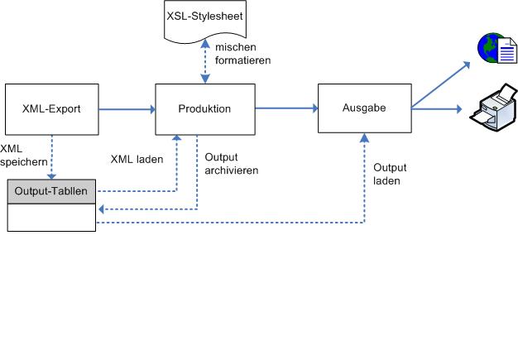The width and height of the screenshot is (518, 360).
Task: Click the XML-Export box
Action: (52, 108)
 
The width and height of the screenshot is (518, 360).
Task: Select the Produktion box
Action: (204, 108)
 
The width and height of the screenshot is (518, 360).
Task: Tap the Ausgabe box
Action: (364, 108)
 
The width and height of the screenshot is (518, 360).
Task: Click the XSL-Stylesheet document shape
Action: (204, 19)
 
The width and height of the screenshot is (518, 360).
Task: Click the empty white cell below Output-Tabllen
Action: (51, 217)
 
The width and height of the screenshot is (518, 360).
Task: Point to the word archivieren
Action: (232, 170)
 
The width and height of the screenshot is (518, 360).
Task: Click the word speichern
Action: (24, 162)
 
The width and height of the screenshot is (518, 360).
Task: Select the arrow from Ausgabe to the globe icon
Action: (443, 88)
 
